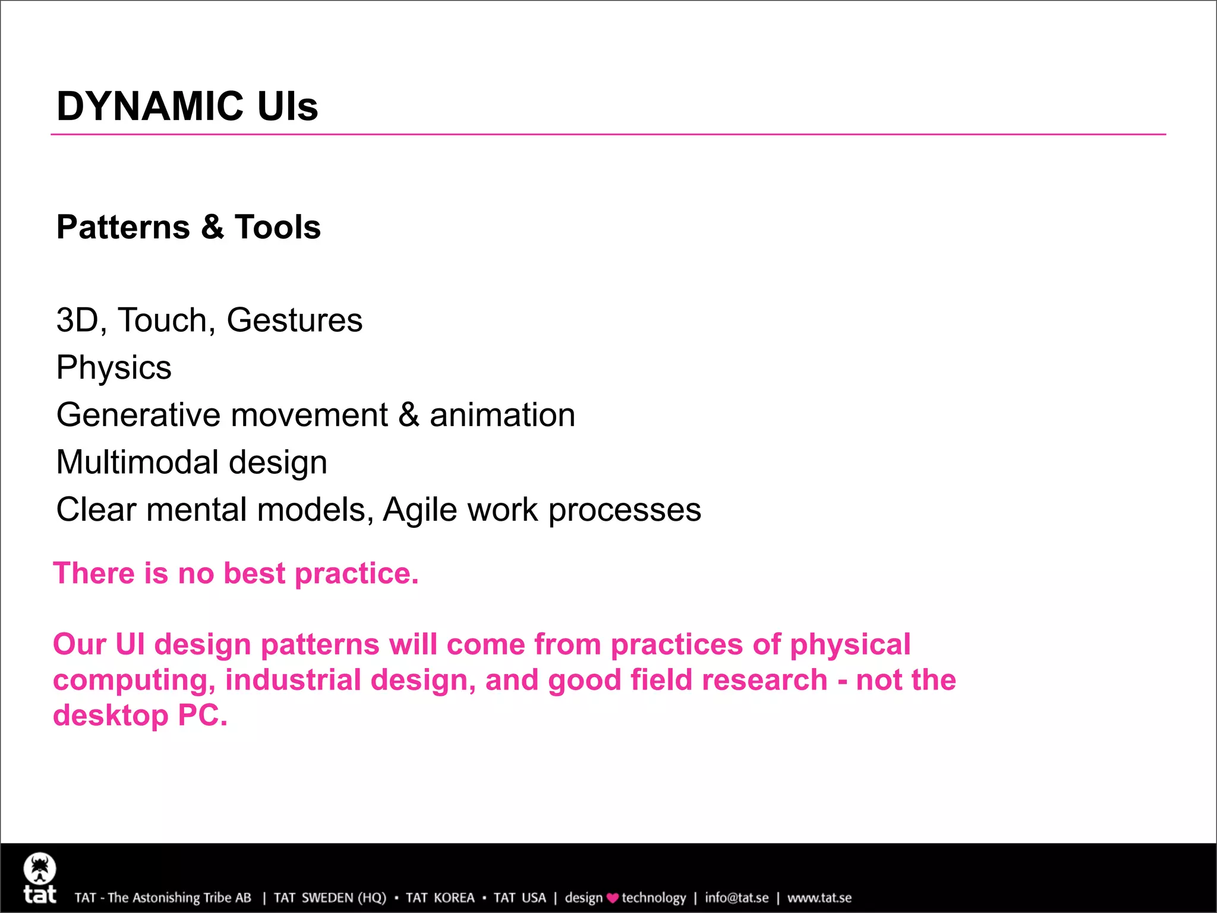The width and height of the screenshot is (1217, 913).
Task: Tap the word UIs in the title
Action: coord(288,106)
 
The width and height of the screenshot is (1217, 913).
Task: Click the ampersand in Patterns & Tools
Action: coord(212,227)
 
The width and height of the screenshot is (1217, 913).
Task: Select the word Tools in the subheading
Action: coord(278,227)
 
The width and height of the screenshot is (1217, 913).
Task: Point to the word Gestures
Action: coord(294,320)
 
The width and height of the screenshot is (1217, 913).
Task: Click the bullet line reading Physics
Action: coord(113,367)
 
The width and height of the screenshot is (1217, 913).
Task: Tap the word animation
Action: coord(502,415)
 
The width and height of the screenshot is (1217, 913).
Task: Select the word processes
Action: coord(625,510)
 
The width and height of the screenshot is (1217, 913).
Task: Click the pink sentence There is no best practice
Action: coord(236,574)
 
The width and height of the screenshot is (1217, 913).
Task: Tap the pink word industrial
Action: coord(293,680)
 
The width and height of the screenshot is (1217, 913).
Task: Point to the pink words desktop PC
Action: coord(140,715)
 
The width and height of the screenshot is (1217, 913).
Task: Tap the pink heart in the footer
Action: coord(612,898)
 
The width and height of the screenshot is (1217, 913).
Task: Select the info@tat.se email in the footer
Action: coord(736,898)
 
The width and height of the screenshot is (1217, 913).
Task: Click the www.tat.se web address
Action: coord(819,898)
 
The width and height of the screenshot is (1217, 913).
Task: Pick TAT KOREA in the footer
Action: coord(440,898)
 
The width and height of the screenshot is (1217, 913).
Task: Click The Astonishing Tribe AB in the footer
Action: coord(179,898)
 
